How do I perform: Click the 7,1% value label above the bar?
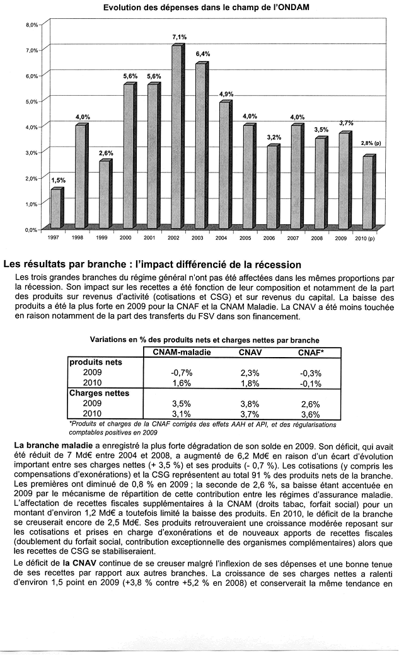click(x=179, y=38)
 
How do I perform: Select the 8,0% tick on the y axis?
click(x=32, y=24)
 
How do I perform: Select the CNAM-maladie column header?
click(x=182, y=352)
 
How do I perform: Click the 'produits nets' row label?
click(x=96, y=363)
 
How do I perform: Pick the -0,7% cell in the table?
click(x=182, y=373)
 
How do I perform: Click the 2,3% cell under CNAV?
click(x=250, y=373)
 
